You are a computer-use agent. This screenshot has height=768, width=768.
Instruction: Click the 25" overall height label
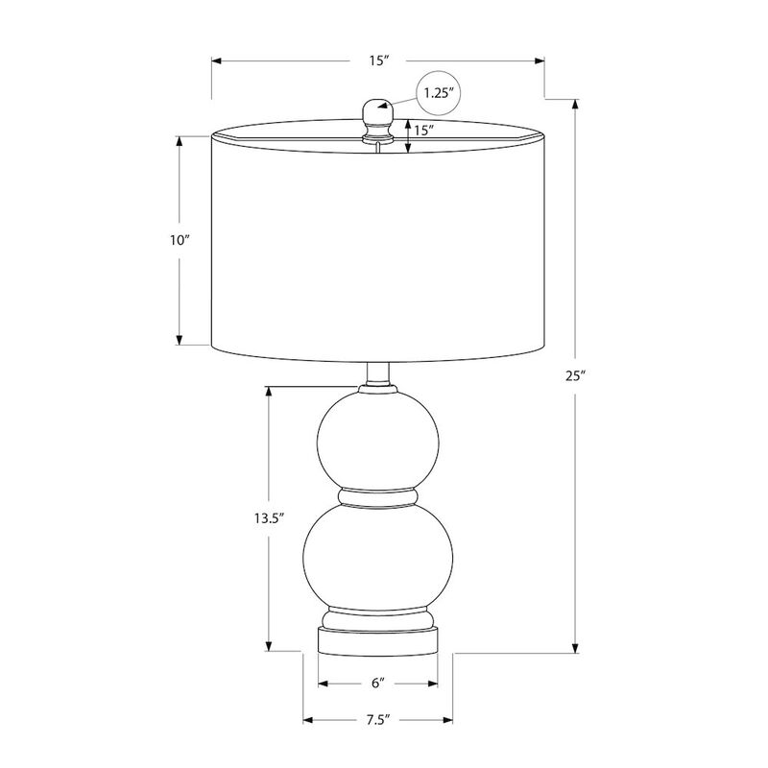coord(576,375)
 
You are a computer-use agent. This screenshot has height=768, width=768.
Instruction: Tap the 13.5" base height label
coord(269,518)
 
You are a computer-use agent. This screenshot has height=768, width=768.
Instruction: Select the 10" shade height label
coord(180,240)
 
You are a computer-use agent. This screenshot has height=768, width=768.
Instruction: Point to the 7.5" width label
coord(377,719)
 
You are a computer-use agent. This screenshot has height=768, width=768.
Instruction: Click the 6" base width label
coord(377,683)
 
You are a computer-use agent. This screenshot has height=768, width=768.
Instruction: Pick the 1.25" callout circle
coord(439,93)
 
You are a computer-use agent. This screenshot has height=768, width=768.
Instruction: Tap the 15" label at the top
coord(378,60)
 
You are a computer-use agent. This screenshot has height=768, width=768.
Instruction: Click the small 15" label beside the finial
coord(424,131)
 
